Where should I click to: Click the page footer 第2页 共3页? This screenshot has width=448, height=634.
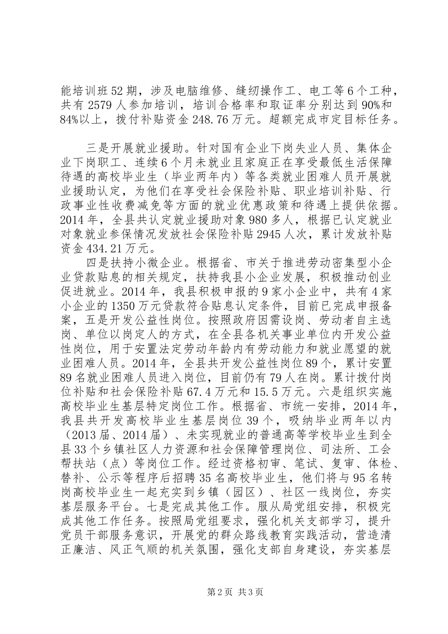coord(224,604)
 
